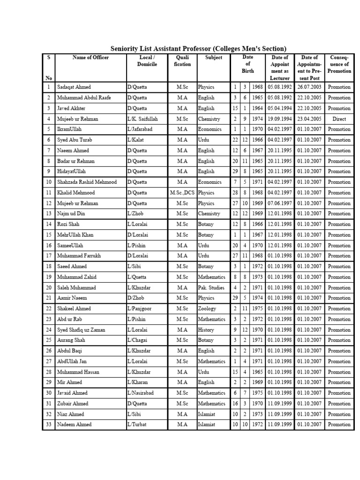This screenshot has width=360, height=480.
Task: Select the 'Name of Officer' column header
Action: (90, 58)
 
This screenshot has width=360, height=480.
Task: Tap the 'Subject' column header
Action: (213, 58)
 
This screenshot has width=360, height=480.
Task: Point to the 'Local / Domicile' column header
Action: (147, 61)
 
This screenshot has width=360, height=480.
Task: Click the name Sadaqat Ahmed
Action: (74, 87)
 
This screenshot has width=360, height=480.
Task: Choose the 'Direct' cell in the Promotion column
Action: (339, 119)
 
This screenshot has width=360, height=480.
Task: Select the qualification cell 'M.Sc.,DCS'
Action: (182, 193)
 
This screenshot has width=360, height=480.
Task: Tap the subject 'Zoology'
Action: (207, 309)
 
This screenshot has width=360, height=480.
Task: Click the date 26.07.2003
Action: (309, 87)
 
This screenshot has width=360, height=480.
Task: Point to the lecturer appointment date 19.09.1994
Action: (280, 119)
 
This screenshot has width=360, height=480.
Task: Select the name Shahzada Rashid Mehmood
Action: (87, 182)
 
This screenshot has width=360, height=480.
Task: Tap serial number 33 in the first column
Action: (49, 425)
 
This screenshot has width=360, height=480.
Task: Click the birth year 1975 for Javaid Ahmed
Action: (257, 393)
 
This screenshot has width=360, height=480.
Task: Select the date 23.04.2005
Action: (309, 119)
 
